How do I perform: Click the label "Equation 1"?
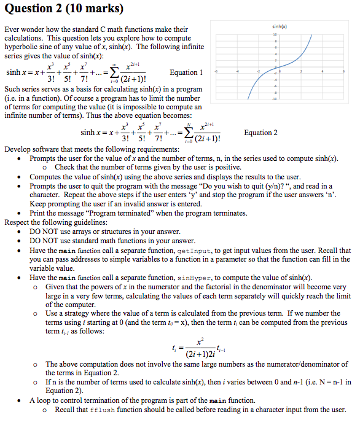pos(186,72)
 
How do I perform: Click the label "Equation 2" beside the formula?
pos(260,133)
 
